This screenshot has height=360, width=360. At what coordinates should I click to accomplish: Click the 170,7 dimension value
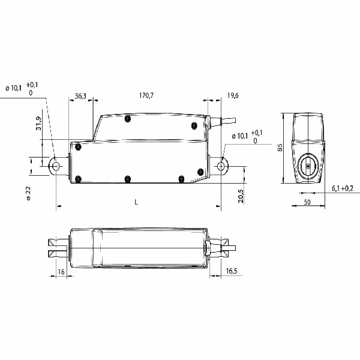(146, 95)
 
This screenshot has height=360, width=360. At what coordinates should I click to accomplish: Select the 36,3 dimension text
(80, 96)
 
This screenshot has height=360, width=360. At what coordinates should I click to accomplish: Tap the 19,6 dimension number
(233, 95)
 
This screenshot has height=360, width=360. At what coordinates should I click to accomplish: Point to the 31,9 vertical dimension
(38, 124)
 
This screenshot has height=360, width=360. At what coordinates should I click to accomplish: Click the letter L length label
(136, 202)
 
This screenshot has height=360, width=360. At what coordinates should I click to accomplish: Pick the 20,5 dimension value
(241, 196)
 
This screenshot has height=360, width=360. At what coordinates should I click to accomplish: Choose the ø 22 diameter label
(28, 193)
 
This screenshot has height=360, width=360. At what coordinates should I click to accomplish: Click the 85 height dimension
(280, 148)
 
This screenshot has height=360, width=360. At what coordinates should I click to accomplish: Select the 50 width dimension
(307, 202)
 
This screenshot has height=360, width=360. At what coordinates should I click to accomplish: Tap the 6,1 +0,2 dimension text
(343, 188)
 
